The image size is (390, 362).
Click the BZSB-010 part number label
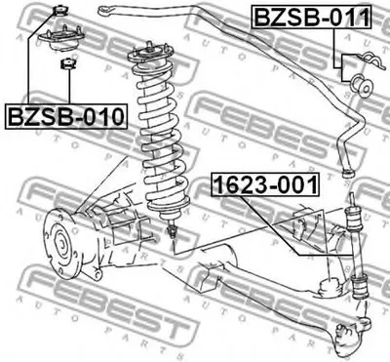[x=66, y=117]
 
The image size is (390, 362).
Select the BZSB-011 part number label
[x=312, y=17]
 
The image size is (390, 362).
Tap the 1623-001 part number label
[x=265, y=184]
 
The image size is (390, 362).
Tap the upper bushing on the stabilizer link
[x=354, y=220]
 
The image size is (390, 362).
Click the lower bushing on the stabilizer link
[x=360, y=286]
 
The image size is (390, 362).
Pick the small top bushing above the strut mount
[x=60, y=12]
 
